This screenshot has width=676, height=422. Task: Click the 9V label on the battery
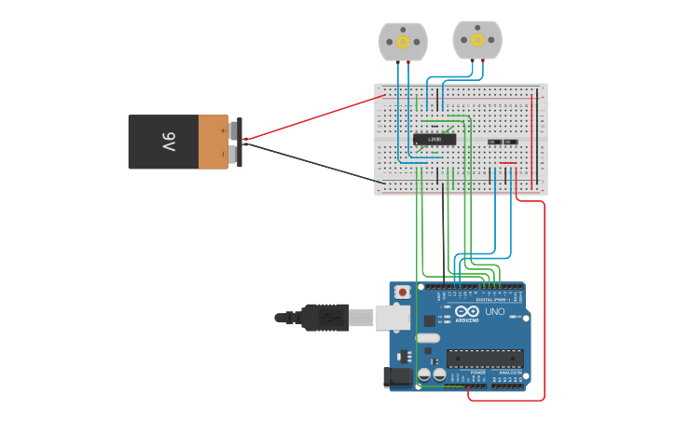tap(168, 142)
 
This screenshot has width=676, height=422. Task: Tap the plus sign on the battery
tap(222, 131)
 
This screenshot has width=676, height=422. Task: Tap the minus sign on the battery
tap(222, 154)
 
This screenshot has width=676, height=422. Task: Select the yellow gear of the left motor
tap(403, 42)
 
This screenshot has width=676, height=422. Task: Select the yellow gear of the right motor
tap(477, 40)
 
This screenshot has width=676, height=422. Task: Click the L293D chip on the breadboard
tap(435, 140)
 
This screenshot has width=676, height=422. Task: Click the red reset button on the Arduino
tap(402, 292)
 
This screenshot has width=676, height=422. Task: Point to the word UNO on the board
tap(494, 312)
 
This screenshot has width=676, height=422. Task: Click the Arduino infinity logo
tap(468, 311)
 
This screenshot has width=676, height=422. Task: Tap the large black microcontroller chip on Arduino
tap(484, 359)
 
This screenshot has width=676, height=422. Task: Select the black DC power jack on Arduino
tap(398, 377)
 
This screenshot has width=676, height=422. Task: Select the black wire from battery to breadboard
tap(308, 160)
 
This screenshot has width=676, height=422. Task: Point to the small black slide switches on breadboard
tap(502, 142)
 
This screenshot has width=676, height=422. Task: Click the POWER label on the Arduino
tap(477, 373)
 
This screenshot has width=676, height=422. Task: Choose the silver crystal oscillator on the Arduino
tap(428, 336)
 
